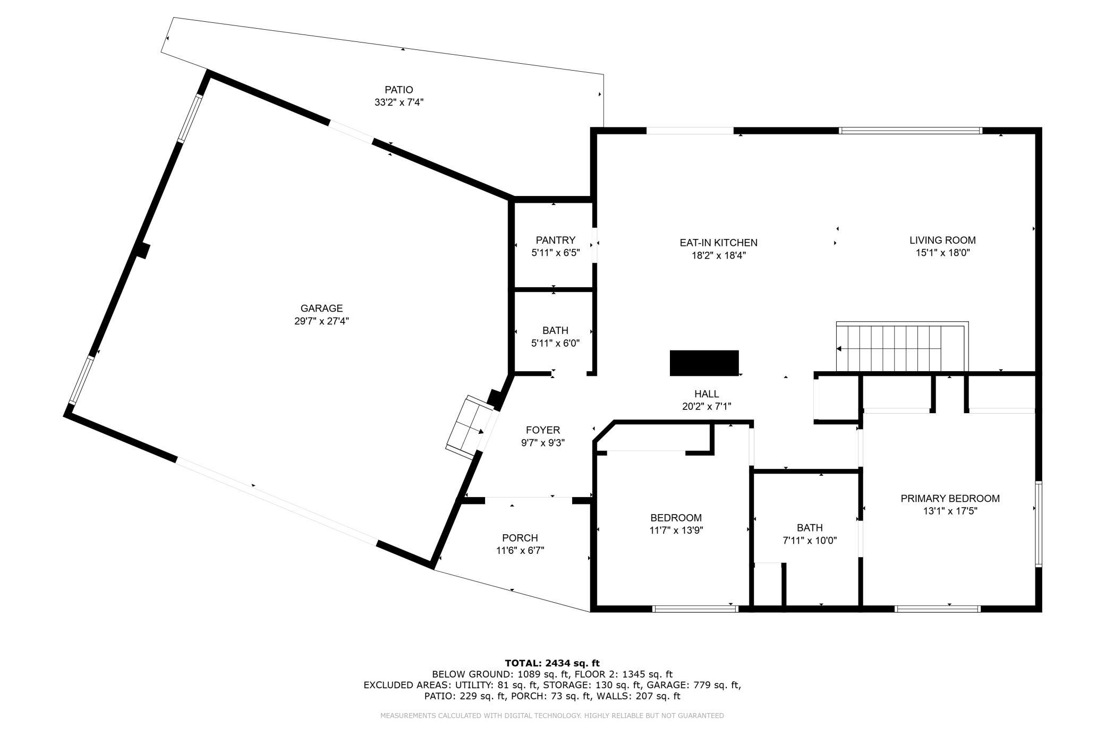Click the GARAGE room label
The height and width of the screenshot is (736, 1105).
click(321, 308)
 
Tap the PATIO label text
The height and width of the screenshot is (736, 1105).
click(399, 90)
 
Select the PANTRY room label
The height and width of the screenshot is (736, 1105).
click(555, 240)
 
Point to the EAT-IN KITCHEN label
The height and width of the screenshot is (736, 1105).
click(718, 243)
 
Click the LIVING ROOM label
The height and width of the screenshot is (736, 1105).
click(942, 240)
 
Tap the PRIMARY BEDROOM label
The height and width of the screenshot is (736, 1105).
click(950, 499)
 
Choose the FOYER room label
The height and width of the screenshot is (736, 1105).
click(543, 430)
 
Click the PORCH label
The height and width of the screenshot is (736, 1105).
click(520, 538)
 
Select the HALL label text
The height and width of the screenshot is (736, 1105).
click(707, 394)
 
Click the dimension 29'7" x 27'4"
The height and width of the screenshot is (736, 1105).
click(321, 321)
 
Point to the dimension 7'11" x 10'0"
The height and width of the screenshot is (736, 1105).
click(810, 541)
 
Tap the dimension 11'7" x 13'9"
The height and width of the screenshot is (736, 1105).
click(676, 530)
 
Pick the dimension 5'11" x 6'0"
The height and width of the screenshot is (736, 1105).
click(555, 344)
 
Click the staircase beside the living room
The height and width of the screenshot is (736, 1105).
click(902, 347)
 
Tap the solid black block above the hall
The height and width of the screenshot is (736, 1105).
click(704, 363)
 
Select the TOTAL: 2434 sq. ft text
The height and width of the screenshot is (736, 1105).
click(552, 663)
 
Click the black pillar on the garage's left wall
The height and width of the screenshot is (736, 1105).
click(142, 251)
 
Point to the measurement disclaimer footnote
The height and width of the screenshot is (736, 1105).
click(552, 716)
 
